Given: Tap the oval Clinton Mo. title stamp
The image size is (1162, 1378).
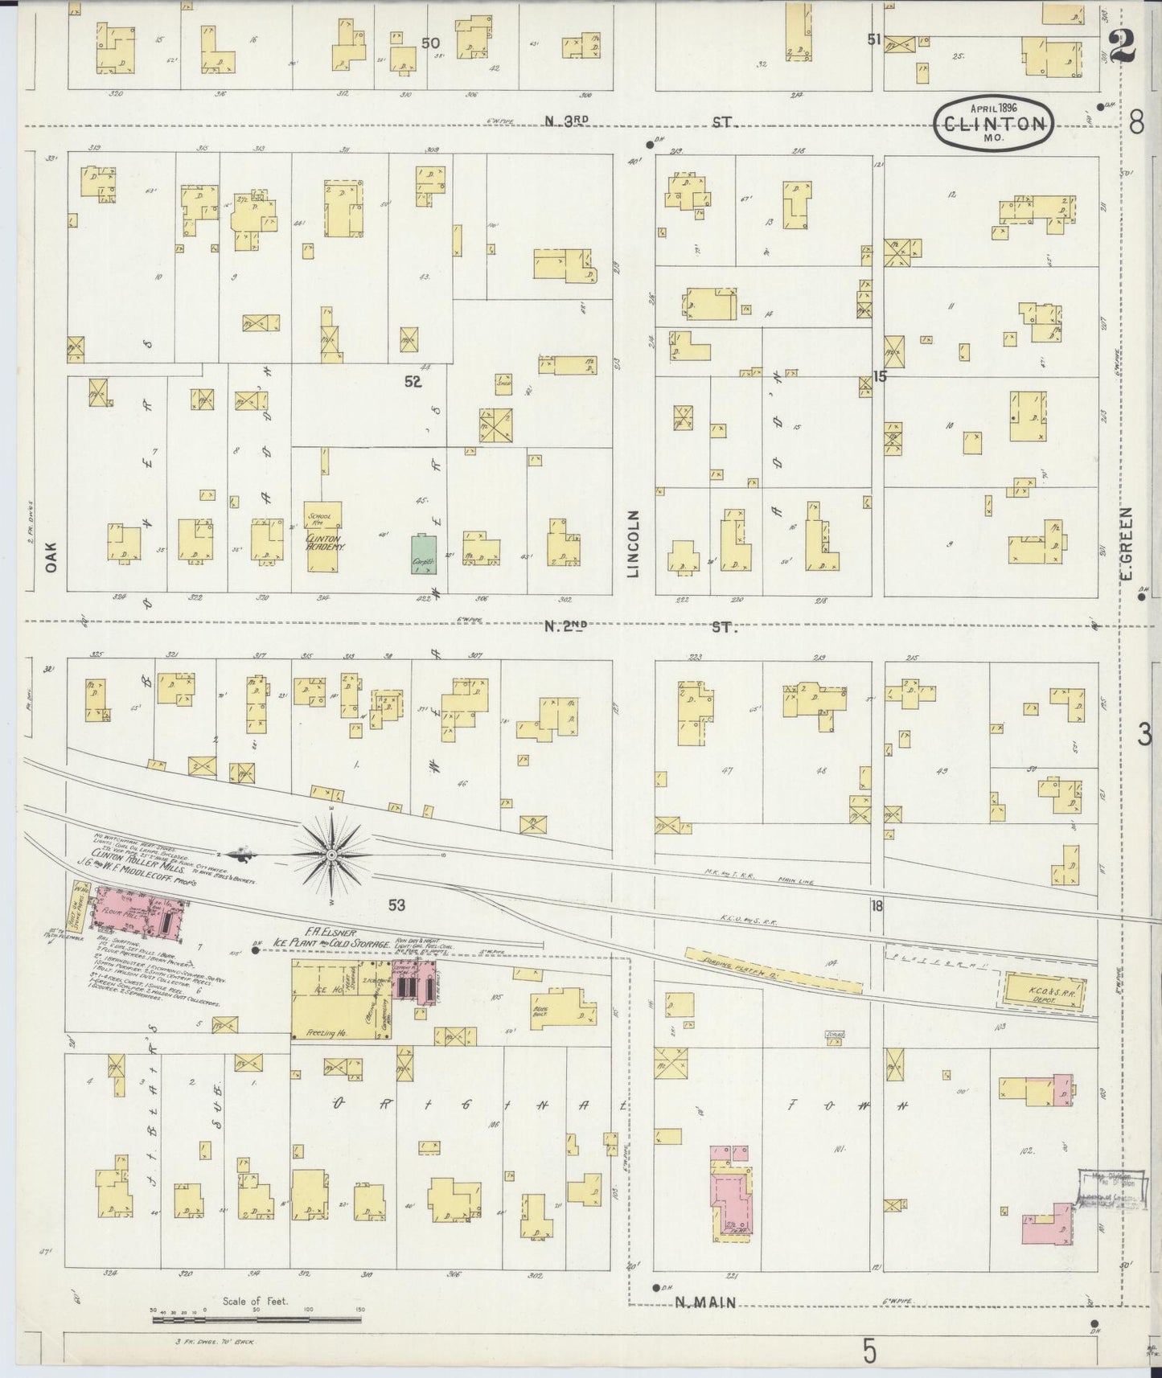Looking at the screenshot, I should pyautogui.click(x=995, y=123).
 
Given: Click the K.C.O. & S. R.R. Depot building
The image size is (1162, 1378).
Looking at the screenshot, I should pyautogui.click(x=1041, y=989).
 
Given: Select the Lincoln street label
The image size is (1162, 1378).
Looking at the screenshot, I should pyautogui.click(x=633, y=543).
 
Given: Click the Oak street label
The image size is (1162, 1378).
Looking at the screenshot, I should pyautogui.click(x=52, y=555).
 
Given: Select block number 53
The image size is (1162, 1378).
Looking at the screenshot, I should pyautogui.click(x=396, y=905).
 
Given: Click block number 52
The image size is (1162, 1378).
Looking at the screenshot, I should pyautogui.click(x=413, y=383).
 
